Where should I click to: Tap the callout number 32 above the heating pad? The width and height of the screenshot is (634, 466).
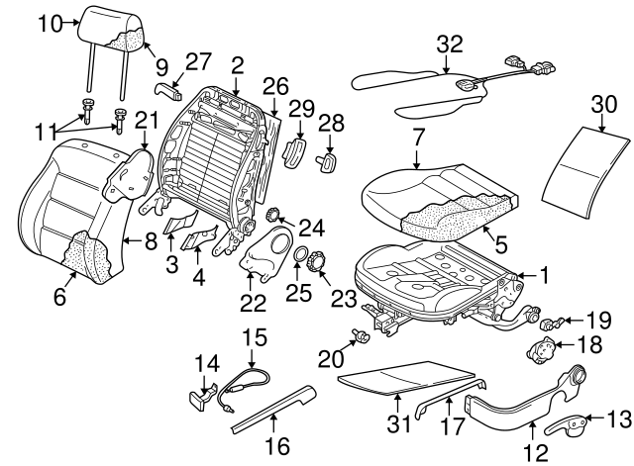pos(450,45)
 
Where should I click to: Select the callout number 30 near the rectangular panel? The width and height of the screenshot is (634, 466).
pos(604,104)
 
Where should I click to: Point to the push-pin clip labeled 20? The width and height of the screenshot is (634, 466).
pos(362,337)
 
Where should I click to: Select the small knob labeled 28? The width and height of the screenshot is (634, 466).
pos(328,158)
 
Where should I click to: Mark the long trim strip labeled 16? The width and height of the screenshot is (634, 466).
pos(272,408)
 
